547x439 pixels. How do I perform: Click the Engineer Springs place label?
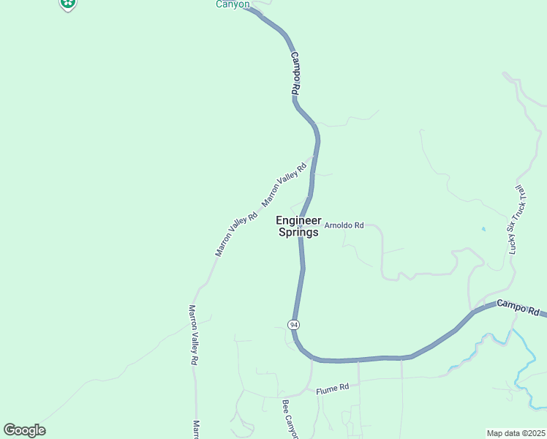coord(298,226)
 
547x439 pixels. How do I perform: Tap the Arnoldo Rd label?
coord(344,225)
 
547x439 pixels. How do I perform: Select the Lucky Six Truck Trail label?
coord(516,220)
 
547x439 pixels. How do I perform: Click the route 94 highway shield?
coord(293,324)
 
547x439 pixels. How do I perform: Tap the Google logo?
coord(24,430)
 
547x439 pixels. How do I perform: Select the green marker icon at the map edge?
coord(68,4)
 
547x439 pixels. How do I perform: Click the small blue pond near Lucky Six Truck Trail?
coord(483,229)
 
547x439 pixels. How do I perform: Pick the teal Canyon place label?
coord(233,4)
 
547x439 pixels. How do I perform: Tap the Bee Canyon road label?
coord(290,419)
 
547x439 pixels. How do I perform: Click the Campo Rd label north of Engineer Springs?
coord(295,73)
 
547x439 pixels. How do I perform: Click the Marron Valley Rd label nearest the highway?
coord(284,184)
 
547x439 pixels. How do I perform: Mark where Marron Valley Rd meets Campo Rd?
coord(314,156)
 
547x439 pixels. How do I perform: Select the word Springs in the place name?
coord(298,233)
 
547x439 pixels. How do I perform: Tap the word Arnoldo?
coord(339,225)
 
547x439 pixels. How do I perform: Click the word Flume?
coord(325,391)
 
